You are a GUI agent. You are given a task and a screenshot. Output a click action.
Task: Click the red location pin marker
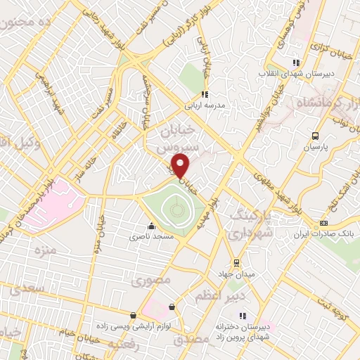[181, 165]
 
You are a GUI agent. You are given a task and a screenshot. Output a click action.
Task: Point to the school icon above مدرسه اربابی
[204, 94]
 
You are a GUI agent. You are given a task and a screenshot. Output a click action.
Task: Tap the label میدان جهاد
[237, 273]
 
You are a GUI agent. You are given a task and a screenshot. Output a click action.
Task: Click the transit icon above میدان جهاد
[237, 262]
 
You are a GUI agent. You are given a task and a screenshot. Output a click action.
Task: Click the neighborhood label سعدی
[25, 288]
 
